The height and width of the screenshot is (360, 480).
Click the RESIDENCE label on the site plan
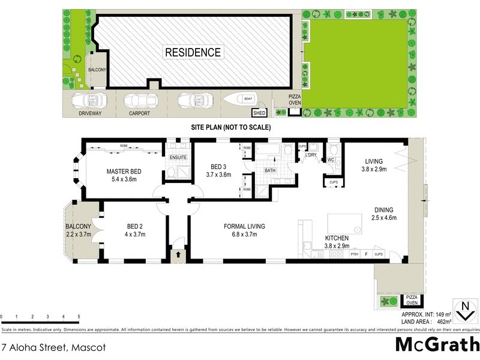click(193, 52)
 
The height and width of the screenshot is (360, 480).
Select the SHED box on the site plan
click(259, 112)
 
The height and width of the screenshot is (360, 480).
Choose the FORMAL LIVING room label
click(244, 226)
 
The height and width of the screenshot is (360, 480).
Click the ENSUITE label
click(178, 158)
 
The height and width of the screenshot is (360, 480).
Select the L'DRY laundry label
click(311, 156)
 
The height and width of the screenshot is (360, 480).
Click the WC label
click(331, 160)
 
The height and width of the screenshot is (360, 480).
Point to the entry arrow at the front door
click(177, 255)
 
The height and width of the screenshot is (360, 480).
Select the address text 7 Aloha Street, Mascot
click(46, 347)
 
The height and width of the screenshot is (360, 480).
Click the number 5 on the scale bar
click(79, 316)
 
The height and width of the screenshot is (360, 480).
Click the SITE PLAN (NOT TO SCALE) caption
click(231, 127)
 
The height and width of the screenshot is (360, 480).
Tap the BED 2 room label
click(134, 226)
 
